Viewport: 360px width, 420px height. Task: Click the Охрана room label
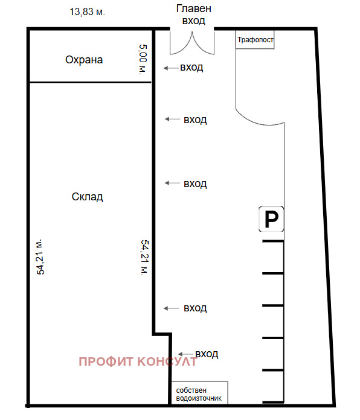[x=84, y=60]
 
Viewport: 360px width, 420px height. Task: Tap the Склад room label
[x=87, y=197]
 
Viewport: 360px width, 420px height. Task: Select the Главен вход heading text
[x=193, y=14]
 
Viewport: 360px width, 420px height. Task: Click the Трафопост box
[x=255, y=40]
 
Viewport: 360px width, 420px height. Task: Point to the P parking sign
[x=271, y=219]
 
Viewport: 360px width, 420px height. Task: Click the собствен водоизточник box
[x=200, y=393]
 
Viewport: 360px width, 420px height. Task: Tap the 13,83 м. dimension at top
[x=87, y=12]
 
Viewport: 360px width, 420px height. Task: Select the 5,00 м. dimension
[x=143, y=59]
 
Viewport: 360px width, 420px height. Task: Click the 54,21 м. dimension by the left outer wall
[x=40, y=257]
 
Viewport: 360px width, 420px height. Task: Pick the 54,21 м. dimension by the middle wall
[x=145, y=258]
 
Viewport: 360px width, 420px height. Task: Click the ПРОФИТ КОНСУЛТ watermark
[x=138, y=361]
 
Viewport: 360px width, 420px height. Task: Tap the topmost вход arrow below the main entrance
[x=172, y=68]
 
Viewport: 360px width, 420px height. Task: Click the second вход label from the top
[x=195, y=119]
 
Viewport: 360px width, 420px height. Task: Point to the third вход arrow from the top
[x=172, y=183]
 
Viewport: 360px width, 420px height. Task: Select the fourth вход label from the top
[x=195, y=308]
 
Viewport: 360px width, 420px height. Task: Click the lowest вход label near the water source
[x=207, y=354]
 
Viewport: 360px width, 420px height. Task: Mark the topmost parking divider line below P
[x=273, y=241]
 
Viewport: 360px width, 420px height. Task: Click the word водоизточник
[x=199, y=398]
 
